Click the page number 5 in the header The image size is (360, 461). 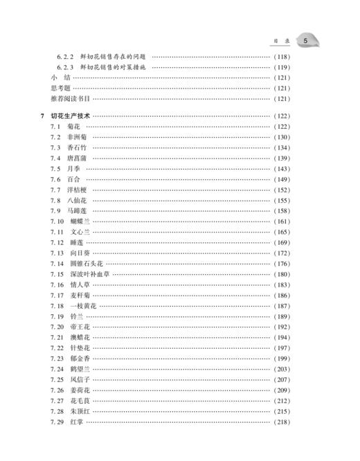[x=305, y=42]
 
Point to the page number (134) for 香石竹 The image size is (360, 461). [x=283, y=148]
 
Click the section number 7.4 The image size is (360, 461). [x=55, y=159]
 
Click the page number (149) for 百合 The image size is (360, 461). [x=283, y=180]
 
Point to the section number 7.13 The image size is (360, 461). [x=56, y=253]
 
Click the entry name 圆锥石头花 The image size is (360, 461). [x=86, y=264]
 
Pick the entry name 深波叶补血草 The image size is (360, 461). [x=90, y=274]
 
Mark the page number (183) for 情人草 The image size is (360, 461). [x=283, y=284]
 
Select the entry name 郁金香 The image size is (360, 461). [x=81, y=359]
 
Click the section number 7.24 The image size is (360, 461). [x=56, y=370]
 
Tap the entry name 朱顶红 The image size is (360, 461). [x=81, y=411]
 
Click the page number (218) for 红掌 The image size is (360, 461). [x=283, y=422]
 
